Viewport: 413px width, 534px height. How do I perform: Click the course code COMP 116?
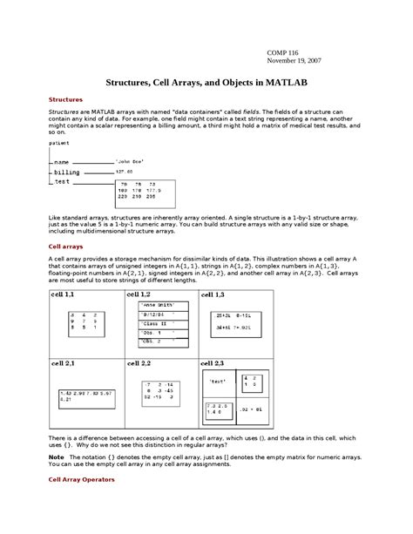282,53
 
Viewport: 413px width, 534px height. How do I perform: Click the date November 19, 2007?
295,62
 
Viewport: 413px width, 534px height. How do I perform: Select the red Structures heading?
65,99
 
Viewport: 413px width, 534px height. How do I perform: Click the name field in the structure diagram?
61,162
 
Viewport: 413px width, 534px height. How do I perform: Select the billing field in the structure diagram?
67,172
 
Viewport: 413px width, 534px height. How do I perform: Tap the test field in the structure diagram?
62,182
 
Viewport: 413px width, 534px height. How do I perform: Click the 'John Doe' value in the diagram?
130,162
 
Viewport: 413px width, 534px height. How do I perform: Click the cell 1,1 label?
64,296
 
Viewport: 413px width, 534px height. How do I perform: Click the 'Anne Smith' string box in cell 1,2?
159,306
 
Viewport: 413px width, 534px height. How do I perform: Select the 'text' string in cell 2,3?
219,382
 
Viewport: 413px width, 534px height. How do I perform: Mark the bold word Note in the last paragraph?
56,456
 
